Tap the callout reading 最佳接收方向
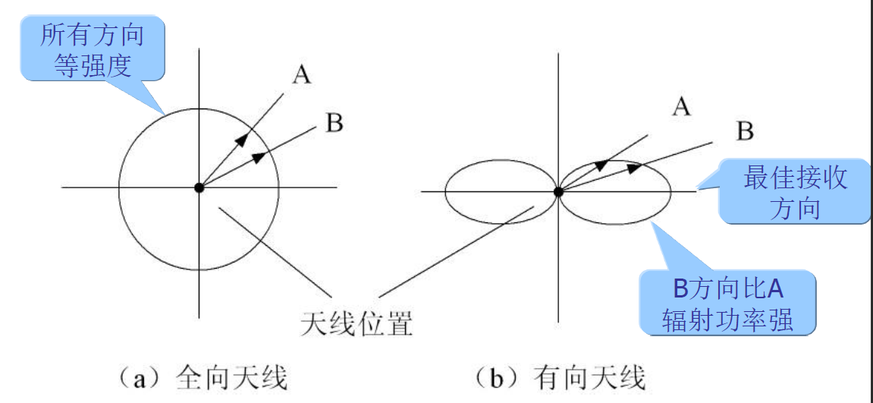[794, 194]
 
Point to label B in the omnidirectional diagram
[334, 123]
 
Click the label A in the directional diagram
[681, 107]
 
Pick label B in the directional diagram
[745, 131]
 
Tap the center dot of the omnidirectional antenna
[199, 187]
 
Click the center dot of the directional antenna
[558, 192]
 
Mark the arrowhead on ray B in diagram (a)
[259, 156]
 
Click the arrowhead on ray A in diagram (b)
[601, 164]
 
